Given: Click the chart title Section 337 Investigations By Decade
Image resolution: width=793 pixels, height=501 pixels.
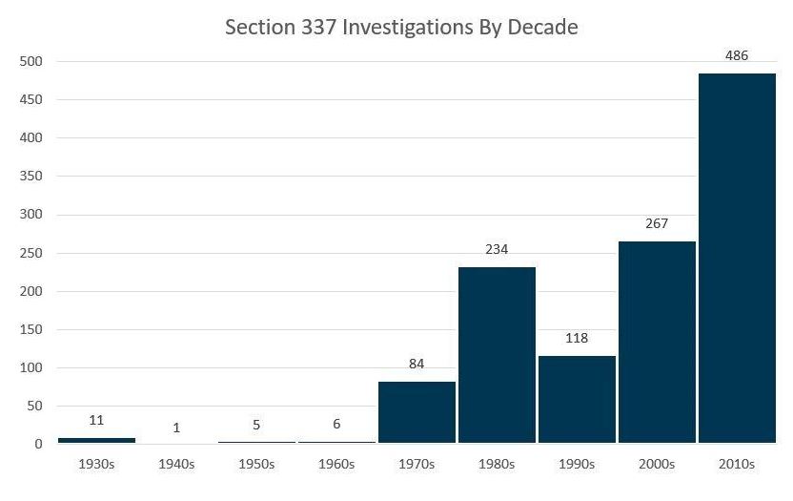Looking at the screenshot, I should pos(401,27).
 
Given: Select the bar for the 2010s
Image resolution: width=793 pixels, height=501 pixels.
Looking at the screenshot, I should pos(737,258).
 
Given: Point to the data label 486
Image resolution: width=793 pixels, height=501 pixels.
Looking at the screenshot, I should pos(737,55).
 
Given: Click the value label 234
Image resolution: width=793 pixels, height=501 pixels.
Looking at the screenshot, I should pos(497,249).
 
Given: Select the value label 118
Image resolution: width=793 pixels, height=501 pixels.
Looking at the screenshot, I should pos(577,338).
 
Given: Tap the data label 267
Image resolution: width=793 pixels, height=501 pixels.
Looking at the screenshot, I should pos(657,223).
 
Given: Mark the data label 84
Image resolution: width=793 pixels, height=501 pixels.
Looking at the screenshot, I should pos(417,364).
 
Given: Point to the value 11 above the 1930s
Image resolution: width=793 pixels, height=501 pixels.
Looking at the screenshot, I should pos(96,420).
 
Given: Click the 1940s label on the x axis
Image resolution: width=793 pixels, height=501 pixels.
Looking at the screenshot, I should pos(176,465).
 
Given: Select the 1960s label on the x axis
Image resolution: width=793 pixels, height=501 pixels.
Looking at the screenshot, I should pos(336,465).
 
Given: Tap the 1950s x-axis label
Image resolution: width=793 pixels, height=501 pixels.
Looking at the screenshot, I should pos(256,465).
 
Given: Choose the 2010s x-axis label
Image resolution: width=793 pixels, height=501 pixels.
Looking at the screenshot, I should pos(737,465).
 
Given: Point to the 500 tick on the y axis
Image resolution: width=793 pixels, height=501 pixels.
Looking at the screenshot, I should pos(31,62).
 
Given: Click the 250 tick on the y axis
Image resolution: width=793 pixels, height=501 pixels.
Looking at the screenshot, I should pos(31,253).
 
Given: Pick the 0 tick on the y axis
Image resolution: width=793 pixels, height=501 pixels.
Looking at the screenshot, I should pos(39,444).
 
